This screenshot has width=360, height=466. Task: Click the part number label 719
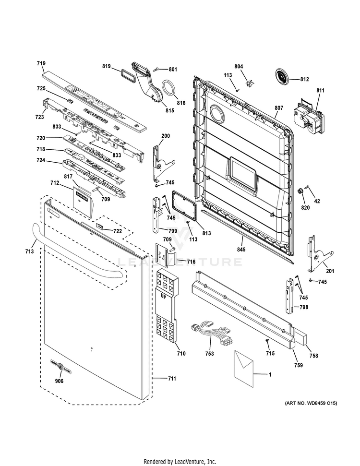(x=41, y=63)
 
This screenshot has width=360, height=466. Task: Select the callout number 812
(x=304, y=79)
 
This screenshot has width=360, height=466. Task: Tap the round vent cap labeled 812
(x=284, y=76)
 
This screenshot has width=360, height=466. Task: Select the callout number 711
(x=172, y=379)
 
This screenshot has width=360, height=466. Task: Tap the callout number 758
(x=314, y=356)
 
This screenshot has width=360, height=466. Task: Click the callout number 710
(x=181, y=354)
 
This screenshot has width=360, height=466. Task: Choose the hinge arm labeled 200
(x=159, y=159)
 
